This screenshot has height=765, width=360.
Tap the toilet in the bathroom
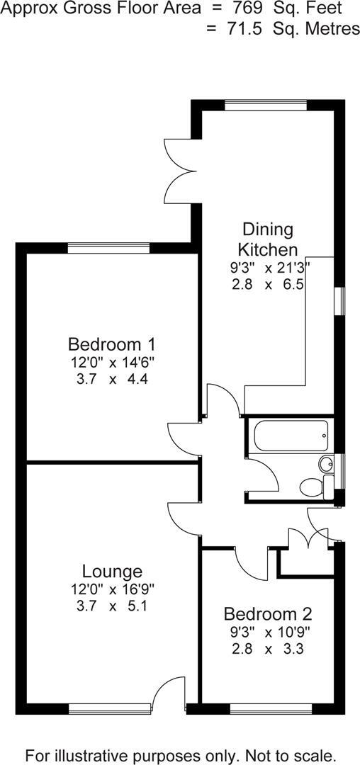312,487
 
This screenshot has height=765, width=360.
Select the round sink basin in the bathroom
325,464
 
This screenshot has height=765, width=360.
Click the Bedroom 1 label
111,345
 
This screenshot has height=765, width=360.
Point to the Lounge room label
112,571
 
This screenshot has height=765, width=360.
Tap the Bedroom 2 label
268,613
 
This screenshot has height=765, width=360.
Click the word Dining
267,229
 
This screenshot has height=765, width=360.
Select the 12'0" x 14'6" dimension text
111,362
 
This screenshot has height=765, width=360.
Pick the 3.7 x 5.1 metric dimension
112,606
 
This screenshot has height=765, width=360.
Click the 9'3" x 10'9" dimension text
268,631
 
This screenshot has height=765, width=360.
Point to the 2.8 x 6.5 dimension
267,284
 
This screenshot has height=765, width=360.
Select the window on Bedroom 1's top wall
109,248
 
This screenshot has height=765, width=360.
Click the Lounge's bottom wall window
109,706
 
